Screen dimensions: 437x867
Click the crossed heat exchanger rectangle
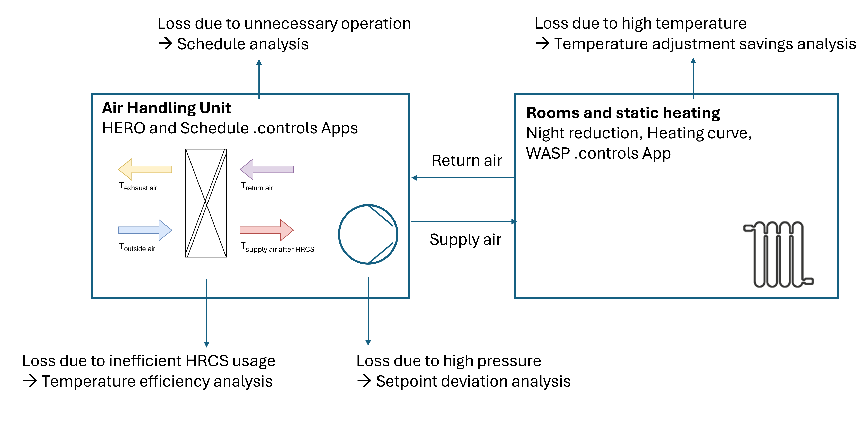pos(206,203)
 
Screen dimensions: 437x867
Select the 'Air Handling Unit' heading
pos(166,108)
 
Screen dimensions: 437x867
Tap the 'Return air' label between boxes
pos(467,160)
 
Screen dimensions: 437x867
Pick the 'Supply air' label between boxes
pos(465,239)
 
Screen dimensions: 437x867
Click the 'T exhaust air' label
pos(138,187)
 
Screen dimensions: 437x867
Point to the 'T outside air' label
pos(137,248)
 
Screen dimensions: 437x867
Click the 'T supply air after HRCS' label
pos(277,248)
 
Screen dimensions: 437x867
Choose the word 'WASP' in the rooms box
pos(548,153)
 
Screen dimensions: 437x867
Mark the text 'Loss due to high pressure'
pos(449,361)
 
